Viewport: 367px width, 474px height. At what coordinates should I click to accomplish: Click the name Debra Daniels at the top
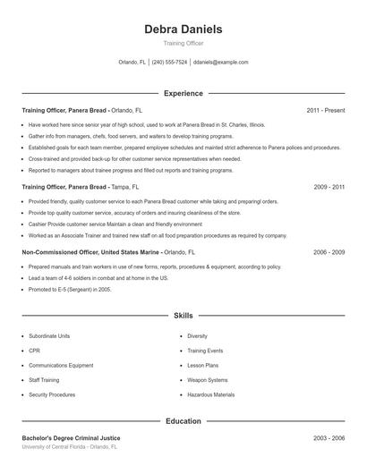pos(183,29)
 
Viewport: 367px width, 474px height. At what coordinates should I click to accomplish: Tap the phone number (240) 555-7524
pos(169,63)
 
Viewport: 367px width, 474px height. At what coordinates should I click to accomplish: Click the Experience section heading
pos(183,93)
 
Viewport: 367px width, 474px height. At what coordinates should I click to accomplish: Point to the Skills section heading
pos(183,316)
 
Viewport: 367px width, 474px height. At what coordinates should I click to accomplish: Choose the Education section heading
pos(183,420)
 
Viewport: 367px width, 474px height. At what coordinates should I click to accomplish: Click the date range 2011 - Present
pos(325,110)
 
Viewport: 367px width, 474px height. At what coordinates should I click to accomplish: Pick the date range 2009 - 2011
pos(329,188)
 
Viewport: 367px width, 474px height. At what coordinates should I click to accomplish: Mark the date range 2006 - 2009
pos(329,253)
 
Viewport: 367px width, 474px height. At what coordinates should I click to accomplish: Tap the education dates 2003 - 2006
pos(329,438)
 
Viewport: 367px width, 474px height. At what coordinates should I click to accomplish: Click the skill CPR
pos(34,351)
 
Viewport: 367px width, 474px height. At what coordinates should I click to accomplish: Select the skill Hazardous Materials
pos(211,394)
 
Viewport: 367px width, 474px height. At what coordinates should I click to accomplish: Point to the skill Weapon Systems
pos(208,380)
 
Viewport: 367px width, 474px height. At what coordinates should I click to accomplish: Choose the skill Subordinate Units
pos(49,336)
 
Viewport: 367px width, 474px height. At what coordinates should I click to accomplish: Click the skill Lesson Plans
pos(203,366)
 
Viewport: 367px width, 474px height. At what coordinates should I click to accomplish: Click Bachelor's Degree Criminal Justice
pos(71,438)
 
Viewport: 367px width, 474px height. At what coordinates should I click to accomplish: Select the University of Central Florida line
pos(70,446)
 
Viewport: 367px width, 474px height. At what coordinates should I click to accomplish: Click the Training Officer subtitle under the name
pos(183,43)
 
